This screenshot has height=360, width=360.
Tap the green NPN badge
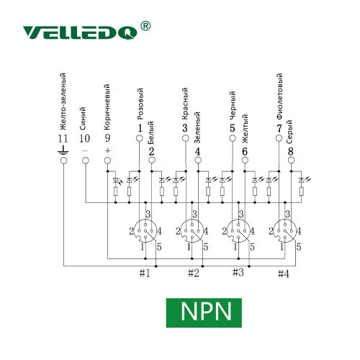(204, 312)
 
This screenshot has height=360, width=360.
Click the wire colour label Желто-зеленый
(63, 102)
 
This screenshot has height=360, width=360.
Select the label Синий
(83, 119)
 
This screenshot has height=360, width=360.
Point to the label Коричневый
(107, 107)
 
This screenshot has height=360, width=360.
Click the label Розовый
(140, 104)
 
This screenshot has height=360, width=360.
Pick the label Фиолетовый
(279, 96)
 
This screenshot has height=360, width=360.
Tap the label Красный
(185, 104)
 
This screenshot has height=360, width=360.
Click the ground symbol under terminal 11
(63, 150)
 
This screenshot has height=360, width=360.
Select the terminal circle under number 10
(86, 161)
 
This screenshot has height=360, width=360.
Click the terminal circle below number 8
(291, 160)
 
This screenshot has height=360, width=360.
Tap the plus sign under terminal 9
(108, 150)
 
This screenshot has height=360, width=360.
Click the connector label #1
(145, 273)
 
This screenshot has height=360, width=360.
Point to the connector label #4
(284, 274)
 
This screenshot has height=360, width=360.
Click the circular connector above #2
(192, 230)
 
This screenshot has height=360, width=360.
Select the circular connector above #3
(238, 230)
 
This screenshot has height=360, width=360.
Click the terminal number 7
(279, 128)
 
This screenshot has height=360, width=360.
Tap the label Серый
(289, 132)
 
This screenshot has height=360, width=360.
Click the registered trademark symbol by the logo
(145, 26)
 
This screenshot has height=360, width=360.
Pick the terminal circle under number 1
(140, 138)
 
